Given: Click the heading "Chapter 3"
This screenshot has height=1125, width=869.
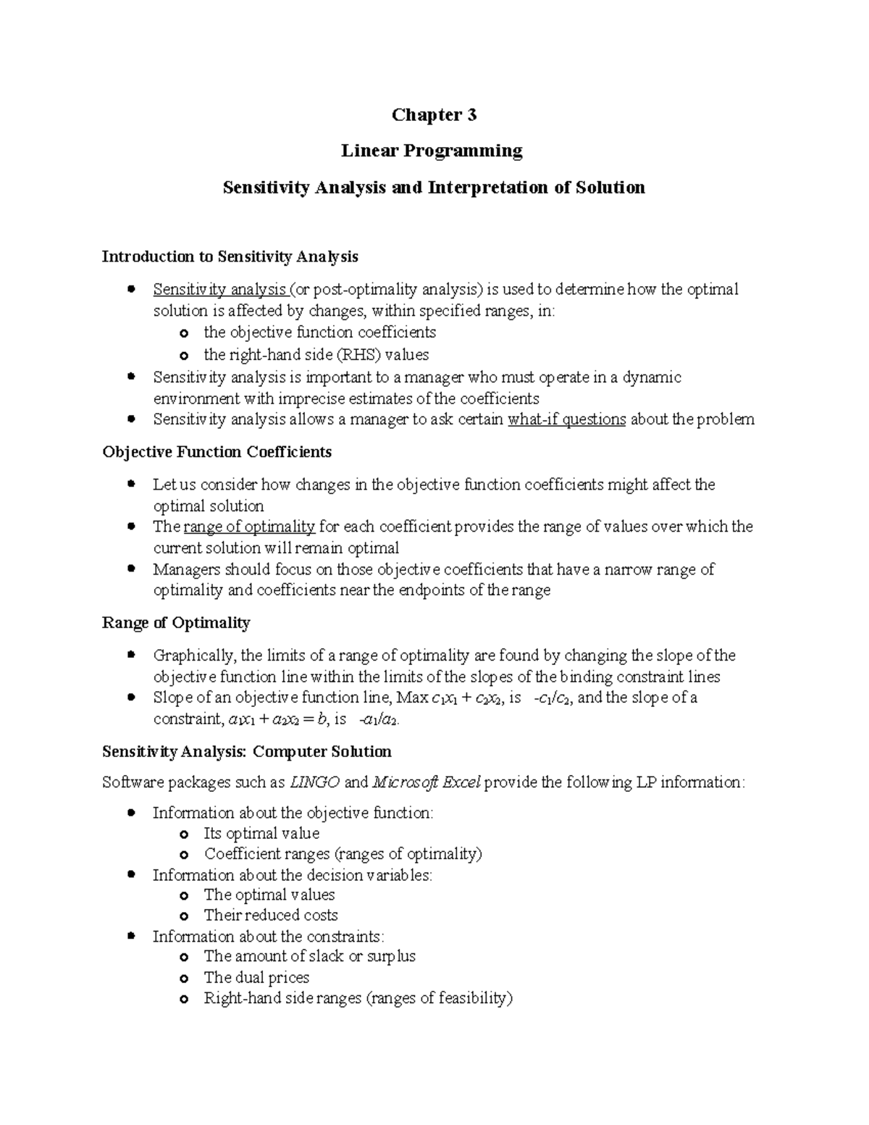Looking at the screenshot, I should (434, 115).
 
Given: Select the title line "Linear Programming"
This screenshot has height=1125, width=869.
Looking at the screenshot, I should (432, 151).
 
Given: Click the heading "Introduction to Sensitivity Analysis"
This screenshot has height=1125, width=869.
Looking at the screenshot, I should (230, 256).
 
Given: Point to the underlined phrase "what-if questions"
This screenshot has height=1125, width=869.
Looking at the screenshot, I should (567, 419).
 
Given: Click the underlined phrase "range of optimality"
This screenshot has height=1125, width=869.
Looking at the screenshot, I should (250, 527).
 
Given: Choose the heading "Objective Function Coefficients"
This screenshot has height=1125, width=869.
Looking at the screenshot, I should (217, 452).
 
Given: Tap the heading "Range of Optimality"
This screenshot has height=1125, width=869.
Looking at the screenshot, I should (176, 623).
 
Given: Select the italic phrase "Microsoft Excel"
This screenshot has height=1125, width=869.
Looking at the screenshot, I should (426, 782).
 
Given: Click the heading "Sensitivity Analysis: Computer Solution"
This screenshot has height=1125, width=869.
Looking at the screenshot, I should (246, 751).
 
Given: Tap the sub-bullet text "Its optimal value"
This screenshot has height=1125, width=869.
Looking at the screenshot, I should (261, 834).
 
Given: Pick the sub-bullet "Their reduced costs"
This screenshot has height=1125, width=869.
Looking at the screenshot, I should (271, 915).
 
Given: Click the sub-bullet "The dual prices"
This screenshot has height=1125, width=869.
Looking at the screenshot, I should (256, 977).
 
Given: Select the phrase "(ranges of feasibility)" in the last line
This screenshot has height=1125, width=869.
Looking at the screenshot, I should (440, 998).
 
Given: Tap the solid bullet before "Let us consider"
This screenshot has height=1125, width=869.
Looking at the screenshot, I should (131, 484).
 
